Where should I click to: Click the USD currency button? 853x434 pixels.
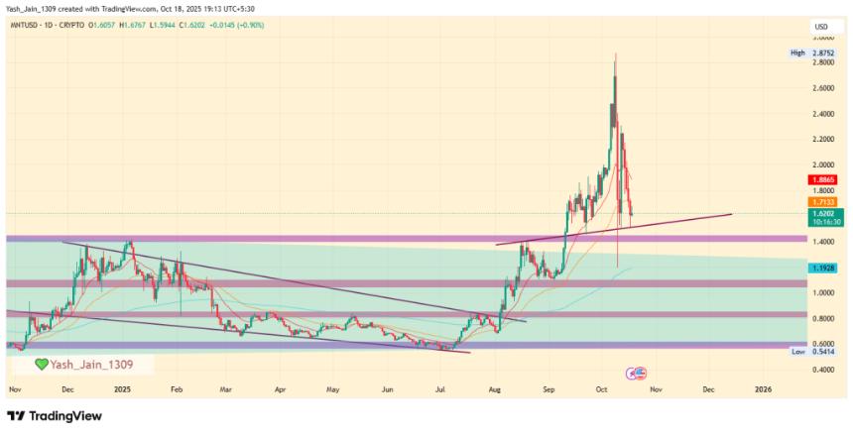click(x=820, y=26)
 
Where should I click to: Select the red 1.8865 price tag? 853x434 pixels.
click(x=823, y=179)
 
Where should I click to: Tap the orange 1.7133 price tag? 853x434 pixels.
click(x=823, y=201)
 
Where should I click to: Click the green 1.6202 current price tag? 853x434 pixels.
click(x=823, y=212)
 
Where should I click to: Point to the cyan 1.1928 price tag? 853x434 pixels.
click(x=823, y=268)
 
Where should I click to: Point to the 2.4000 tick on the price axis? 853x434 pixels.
click(x=824, y=113)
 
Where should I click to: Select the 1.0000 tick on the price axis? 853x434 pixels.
click(x=824, y=292)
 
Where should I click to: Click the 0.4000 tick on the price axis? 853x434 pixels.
click(x=824, y=370)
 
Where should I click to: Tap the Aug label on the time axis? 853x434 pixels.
click(x=494, y=391)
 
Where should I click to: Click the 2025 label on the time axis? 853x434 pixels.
click(x=122, y=391)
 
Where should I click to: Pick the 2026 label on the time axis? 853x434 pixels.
click(x=763, y=391)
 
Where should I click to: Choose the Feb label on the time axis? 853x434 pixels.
click(x=176, y=391)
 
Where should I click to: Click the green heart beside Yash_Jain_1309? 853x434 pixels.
click(x=42, y=364)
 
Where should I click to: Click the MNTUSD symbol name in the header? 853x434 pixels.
click(x=24, y=25)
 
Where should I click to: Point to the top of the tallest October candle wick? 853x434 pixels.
click(x=616, y=53)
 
